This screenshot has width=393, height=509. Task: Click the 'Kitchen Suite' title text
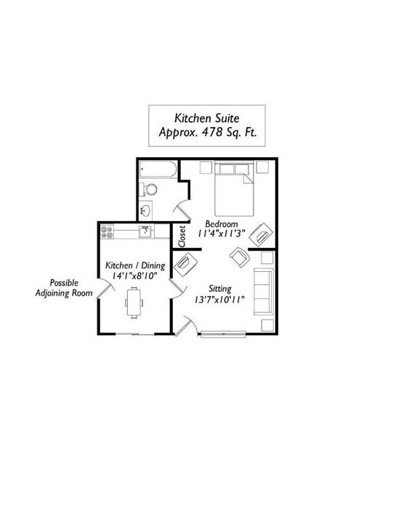(x=207, y=118)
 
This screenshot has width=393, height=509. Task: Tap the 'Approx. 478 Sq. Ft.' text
(x=208, y=132)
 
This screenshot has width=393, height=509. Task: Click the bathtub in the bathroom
(x=158, y=169)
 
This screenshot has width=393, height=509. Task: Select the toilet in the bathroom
(x=148, y=189)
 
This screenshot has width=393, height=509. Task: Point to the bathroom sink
(x=145, y=210)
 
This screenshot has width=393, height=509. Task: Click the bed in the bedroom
(x=234, y=189)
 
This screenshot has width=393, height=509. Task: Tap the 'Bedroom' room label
(x=222, y=224)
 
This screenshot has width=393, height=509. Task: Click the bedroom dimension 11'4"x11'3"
(x=221, y=233)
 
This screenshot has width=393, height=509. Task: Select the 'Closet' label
(x=182, y=236)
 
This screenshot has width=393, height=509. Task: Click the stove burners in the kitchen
(x=107, y=232)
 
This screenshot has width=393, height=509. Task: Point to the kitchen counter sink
(x=145, y=232)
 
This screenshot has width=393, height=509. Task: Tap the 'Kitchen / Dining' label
(x=135, y=265)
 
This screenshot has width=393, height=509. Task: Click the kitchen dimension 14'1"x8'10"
(x=134, y=276)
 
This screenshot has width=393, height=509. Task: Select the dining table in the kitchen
(x=134, y=302)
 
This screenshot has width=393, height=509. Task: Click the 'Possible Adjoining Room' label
(x=64, y=288)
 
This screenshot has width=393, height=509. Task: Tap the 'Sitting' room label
(x=220, y=289)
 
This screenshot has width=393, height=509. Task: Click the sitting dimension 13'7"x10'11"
(x=219, y=300)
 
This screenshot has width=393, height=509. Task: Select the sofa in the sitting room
(x=263, y=292)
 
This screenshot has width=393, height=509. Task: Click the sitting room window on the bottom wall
(x=223, y=334)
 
